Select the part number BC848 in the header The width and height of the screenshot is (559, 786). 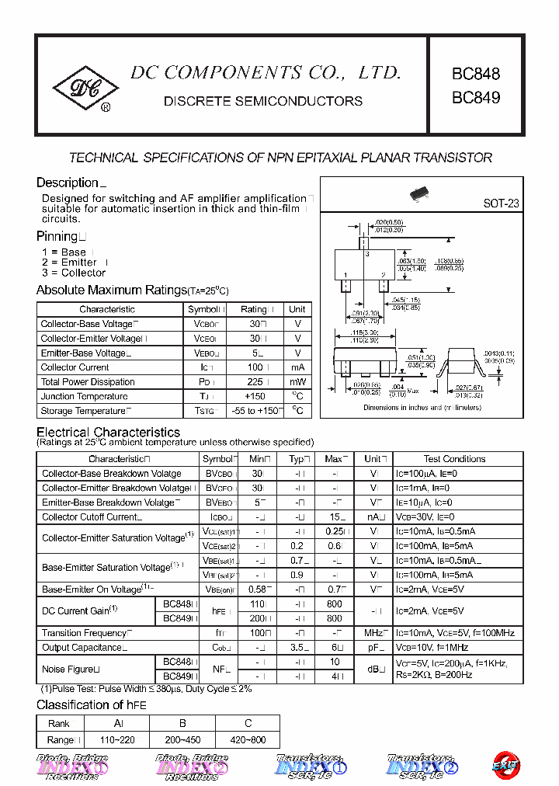(476, 75)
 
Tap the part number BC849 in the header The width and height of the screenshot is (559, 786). (476, 98)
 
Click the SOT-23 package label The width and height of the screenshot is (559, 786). (501, 203)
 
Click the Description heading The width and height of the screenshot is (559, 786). (68, 183)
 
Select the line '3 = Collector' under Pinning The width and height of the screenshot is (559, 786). (73, 273)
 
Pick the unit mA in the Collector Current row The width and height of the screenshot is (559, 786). (297, 367)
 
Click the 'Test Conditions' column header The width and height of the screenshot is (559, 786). (454, 459)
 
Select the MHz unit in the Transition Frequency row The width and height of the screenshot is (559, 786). (375, 633)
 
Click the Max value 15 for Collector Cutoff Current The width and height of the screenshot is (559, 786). (334, 516)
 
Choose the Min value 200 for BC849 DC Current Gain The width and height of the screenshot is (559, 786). (258, 618)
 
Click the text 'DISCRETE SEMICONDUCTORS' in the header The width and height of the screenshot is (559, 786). (262, 101)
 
